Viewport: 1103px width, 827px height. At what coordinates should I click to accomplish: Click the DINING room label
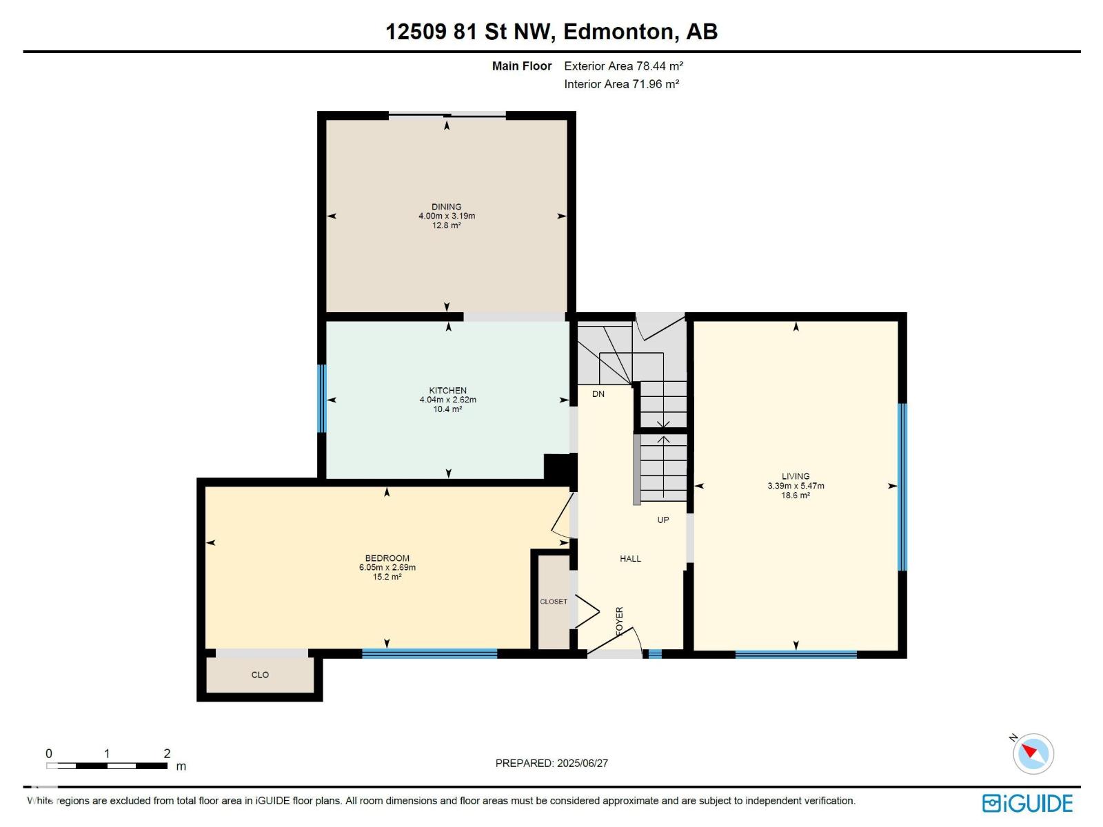coord(446,207)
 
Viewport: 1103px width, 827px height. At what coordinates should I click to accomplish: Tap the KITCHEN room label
coord(447,391)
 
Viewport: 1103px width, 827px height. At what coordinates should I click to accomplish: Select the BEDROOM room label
coord(387,558)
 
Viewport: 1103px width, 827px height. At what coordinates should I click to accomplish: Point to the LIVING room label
coord(796,476)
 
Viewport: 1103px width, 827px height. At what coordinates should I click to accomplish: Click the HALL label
coord(630,559)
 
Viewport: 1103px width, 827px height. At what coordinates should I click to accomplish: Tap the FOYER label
coord(620,621)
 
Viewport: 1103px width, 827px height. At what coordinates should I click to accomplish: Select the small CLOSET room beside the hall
coord(554,602)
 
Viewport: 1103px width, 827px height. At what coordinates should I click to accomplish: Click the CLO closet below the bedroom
coord(260,675)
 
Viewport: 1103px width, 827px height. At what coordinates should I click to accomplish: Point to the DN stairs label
coord(598,394)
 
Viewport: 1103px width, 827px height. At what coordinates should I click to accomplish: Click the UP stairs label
coord(662,520)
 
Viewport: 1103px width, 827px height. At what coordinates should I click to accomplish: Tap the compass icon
coord(1033,754)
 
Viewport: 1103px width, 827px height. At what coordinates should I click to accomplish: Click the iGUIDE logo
coord(1027,804)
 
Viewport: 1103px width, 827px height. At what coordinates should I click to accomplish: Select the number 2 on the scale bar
coord(167,753)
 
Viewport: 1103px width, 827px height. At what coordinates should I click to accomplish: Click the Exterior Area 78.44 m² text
coord(624,66)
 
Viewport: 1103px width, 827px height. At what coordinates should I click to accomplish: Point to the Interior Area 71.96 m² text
coord(622,84)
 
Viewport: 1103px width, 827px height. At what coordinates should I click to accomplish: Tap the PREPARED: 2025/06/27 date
coord(551,763)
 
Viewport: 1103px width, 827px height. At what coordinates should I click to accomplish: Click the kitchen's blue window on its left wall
coord(322,399)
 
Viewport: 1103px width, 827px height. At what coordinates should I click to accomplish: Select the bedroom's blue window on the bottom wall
coord(429,653)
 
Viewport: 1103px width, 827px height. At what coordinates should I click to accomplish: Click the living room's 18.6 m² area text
coord(796,496)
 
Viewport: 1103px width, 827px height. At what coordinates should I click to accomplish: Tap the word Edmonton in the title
coord(618,32)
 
